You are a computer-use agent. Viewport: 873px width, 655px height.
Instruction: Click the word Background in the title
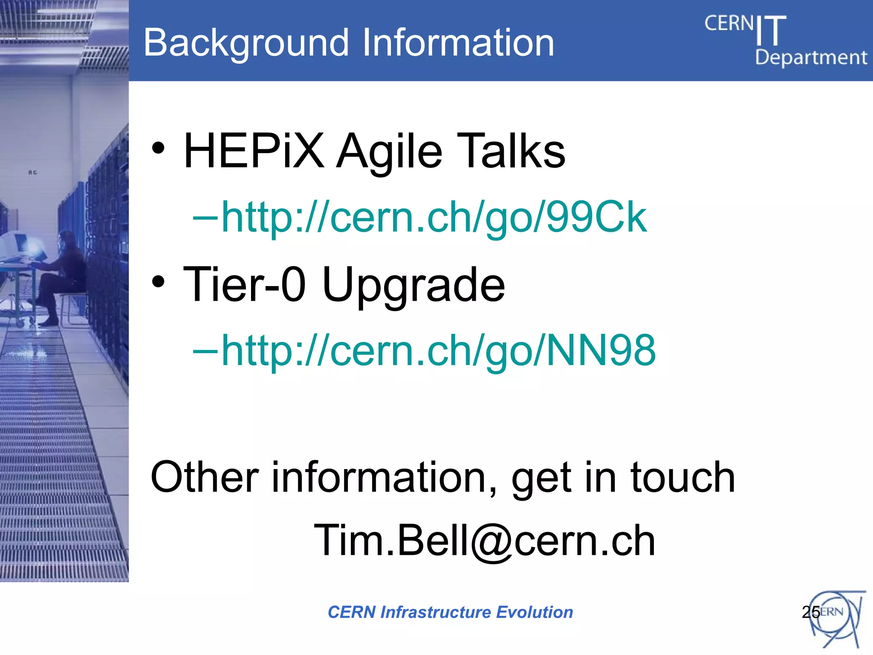(x=246, y=43)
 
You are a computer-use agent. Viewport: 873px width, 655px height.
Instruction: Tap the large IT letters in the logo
(x=771, y=31)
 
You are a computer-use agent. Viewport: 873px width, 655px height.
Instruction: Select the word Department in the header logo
(x=811, y=58)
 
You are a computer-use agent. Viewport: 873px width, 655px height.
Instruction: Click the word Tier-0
(x=244, y=284)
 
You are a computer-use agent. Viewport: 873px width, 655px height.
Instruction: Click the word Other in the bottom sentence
(x=205, y=477)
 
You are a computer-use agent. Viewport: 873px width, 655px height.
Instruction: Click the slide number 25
(x=810, y=612)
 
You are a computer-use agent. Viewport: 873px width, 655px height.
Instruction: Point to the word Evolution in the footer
(x=535, y=612)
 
